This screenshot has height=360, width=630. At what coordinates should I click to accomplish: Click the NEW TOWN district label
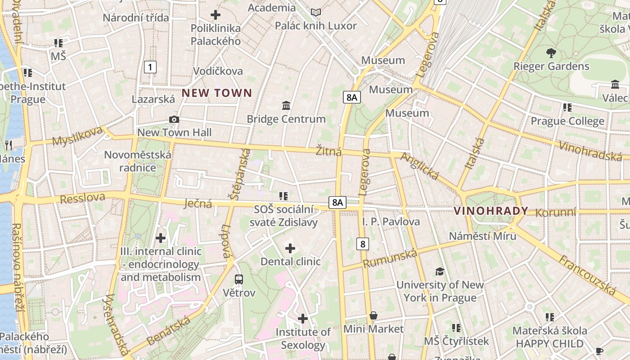coord(216,93)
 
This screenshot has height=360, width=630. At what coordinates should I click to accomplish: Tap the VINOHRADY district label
coord(491,211)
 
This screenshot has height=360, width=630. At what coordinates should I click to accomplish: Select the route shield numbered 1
coord(150,67)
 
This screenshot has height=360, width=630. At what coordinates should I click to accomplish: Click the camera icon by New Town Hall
coord(174,119)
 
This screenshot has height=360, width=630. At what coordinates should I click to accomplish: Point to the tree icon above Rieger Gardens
coord(551,53)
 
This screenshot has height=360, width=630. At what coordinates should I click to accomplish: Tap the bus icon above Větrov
coord(239,279)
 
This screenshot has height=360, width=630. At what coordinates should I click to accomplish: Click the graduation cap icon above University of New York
coord(440,271)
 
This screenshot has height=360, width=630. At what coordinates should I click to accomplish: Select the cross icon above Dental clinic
coord(290,248)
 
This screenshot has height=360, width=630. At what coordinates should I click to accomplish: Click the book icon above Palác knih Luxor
coord(316,12)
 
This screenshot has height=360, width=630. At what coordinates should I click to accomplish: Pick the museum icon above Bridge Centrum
coord(286,106)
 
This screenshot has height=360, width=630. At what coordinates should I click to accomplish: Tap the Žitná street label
coord(328,152)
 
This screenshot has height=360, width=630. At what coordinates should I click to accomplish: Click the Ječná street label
coord(198,203)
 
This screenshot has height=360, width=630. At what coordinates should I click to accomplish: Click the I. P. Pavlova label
coord(391,221)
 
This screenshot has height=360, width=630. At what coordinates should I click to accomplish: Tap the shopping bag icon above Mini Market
coord(373,316)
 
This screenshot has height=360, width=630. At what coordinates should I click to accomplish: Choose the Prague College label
coord(567,121)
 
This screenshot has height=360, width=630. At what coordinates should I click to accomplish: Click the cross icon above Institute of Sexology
coord(303,319)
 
